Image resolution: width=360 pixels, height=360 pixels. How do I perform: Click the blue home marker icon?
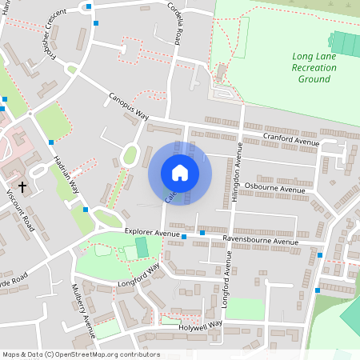click(180, 172)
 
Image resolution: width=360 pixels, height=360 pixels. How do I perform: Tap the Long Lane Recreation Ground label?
click(314, 68)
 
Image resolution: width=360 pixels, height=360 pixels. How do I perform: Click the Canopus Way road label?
click(129, 105)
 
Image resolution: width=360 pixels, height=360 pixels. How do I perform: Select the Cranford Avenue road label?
click(291, 140)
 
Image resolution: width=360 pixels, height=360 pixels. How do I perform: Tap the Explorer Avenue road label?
click(152, 234)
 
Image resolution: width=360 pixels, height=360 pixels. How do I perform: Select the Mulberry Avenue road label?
click(84, 305)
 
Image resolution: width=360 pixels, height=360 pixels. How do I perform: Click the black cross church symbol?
click(22, 187)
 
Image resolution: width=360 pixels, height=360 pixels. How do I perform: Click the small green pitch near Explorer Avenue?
click(142, 247)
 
